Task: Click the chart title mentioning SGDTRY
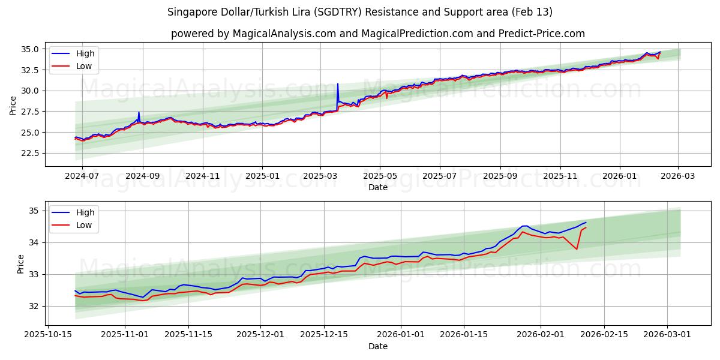pos(360,12)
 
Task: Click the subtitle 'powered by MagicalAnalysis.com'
pos(378,34)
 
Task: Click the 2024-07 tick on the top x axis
pos(82,176)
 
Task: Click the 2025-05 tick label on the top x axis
pos(380,176)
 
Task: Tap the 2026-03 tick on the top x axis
pos(678,176)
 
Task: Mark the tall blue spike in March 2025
pos(338,84)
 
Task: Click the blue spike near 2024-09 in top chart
pos(139,113)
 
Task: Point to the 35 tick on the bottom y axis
pos(33,211)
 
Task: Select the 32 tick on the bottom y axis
pos(33,306)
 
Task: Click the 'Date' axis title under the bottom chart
pos(378,346)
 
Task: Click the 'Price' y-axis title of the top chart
pos(13,105)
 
